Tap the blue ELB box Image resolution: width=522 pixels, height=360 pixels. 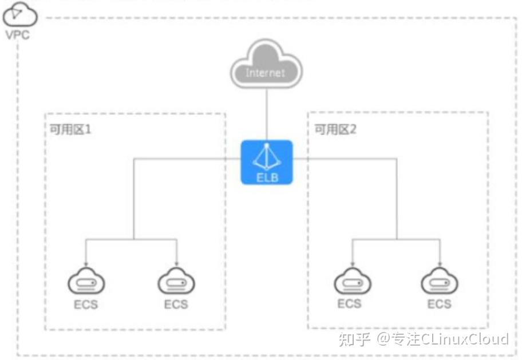pos(267,162)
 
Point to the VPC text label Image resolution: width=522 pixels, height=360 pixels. pos(18,35)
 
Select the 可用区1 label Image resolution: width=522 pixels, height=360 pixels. pos(70,129)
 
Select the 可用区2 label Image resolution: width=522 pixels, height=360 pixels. pos(335,129)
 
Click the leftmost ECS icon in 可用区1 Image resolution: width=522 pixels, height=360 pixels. pos(86,281)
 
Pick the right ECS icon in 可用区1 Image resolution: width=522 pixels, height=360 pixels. pos(176,281)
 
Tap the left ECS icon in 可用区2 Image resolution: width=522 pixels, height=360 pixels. pos(353,281)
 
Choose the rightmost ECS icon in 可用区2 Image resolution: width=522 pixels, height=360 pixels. pos(440,281)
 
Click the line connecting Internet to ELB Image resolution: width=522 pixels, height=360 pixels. pos(267,114)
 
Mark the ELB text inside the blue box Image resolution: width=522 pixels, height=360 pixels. pos(267,177)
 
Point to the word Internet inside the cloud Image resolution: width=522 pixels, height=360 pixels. pos(266,73)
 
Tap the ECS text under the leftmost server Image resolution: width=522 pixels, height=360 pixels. pos(86,304)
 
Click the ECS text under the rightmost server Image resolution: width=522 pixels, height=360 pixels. pos(440,304)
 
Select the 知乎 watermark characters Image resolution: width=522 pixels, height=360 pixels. pos(354,339)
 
